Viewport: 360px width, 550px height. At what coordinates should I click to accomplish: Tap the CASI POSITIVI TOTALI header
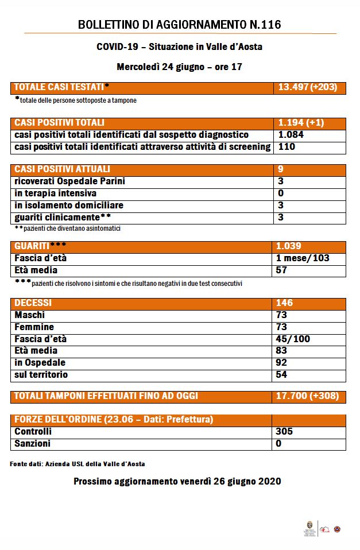[59, 123]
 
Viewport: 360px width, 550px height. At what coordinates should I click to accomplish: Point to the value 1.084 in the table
[291, 135]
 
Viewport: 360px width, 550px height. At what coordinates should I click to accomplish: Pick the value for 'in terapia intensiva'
[281, 193]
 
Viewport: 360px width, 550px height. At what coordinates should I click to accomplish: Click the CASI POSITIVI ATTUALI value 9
[281, 169]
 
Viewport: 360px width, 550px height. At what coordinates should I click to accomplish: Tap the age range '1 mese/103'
[303, 258]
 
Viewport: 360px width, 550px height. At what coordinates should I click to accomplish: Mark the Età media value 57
[282, 270]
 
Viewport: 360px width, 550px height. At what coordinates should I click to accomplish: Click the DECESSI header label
[33, 303]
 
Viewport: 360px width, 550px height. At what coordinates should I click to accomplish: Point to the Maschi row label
[29, 315]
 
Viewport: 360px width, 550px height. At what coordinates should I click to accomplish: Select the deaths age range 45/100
[293, 339]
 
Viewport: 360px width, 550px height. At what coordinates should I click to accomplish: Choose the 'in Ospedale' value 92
[282, 363]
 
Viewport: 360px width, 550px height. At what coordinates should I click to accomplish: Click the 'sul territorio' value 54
[282, 375]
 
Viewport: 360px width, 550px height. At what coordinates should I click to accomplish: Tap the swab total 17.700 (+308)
[308, 396]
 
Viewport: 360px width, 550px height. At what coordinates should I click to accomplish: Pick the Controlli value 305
[284, 432]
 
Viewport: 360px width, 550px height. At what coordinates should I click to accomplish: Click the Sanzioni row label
[32, 444]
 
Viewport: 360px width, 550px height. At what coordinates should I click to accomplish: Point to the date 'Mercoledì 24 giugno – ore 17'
[179, 67]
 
